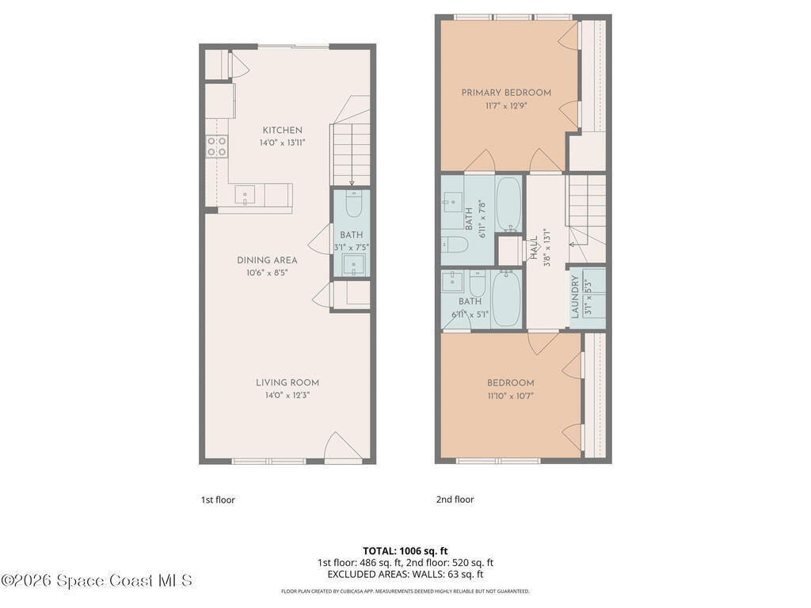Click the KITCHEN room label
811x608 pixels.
point(282,131)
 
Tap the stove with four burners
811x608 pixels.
point(217,146)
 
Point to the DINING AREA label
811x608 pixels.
point(267,260)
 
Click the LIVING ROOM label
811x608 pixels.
point(287,382)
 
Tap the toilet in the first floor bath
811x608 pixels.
point(353,203)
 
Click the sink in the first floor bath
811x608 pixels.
point(354,264)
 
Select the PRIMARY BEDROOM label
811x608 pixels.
point(506,93)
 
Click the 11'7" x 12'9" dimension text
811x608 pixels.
point(506,106)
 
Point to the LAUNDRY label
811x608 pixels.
point(575,296)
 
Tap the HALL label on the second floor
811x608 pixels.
point(533,248)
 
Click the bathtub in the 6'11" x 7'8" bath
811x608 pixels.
point(508,205)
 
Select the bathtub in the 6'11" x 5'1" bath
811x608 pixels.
point(506,298)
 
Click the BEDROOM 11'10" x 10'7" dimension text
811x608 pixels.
point(510,396)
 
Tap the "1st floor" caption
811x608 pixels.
point(218,500)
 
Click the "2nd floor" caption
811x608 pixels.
point(455,500)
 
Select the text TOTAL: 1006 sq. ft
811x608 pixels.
point(405,551)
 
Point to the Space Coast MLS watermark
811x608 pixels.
point(97,580)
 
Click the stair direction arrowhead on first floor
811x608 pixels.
point(352,183)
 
